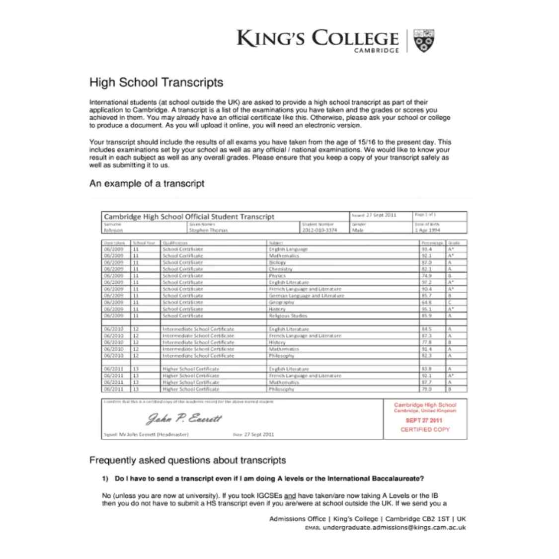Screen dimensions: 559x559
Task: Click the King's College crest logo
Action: point(424,41)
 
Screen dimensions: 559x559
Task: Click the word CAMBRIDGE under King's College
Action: point(376,51)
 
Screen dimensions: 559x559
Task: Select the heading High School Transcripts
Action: point(156,82)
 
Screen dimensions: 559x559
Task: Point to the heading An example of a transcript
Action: point(147,183)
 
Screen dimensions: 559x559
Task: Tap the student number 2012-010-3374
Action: point(319,230)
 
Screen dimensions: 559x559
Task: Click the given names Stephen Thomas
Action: point(208,230)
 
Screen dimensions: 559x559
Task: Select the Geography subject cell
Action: point(282,302)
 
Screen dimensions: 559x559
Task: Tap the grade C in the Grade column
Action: point(450,302)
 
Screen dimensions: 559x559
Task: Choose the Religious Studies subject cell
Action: point(288,316)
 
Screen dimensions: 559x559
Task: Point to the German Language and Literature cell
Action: point(306,296)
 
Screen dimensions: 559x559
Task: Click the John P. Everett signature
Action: point(184,419)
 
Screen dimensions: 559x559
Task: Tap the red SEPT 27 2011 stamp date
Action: point(424,420)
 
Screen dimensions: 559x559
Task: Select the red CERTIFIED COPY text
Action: point(425,429)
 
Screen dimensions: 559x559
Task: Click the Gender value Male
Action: point(358,230)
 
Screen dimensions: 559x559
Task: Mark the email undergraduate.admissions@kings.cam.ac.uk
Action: point(394,528)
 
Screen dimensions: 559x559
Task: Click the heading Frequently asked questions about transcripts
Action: point(187,460)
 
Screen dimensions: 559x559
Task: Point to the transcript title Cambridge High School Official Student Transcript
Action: point(189,217)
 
